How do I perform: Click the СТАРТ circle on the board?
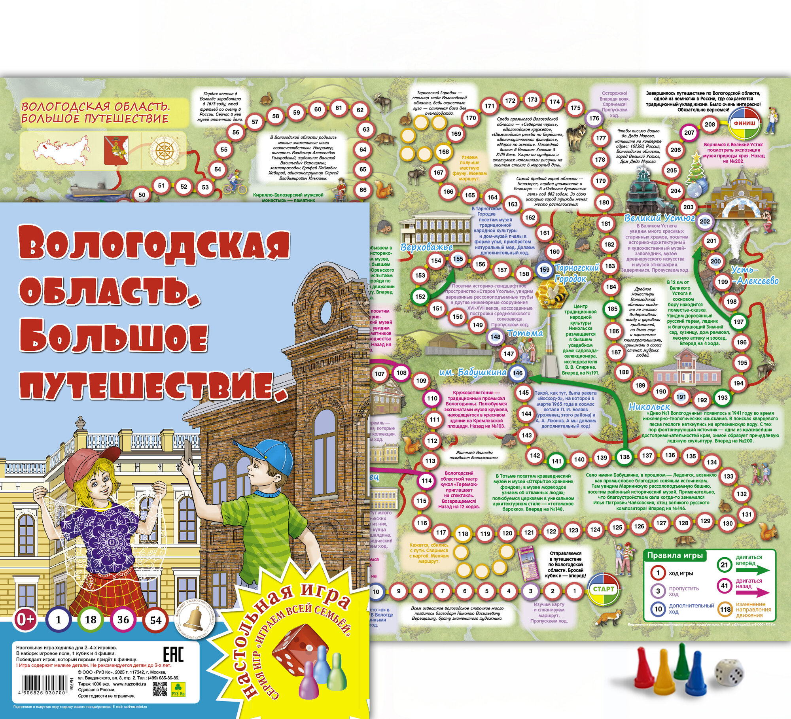tap(604, 589)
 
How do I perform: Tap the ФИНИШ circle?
tap(745, 123)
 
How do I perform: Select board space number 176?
tap(594, 118)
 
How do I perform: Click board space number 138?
tap(624, 457)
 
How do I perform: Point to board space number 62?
tap(360, 110)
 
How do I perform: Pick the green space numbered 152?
tap(420, 297)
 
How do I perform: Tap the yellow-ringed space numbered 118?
tap(463, 534)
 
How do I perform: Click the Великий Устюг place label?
tap(659, 218)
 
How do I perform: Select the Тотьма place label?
tap(525, 333)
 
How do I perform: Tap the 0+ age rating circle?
tap(26, 619)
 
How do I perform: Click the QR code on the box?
tap(160, 688)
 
